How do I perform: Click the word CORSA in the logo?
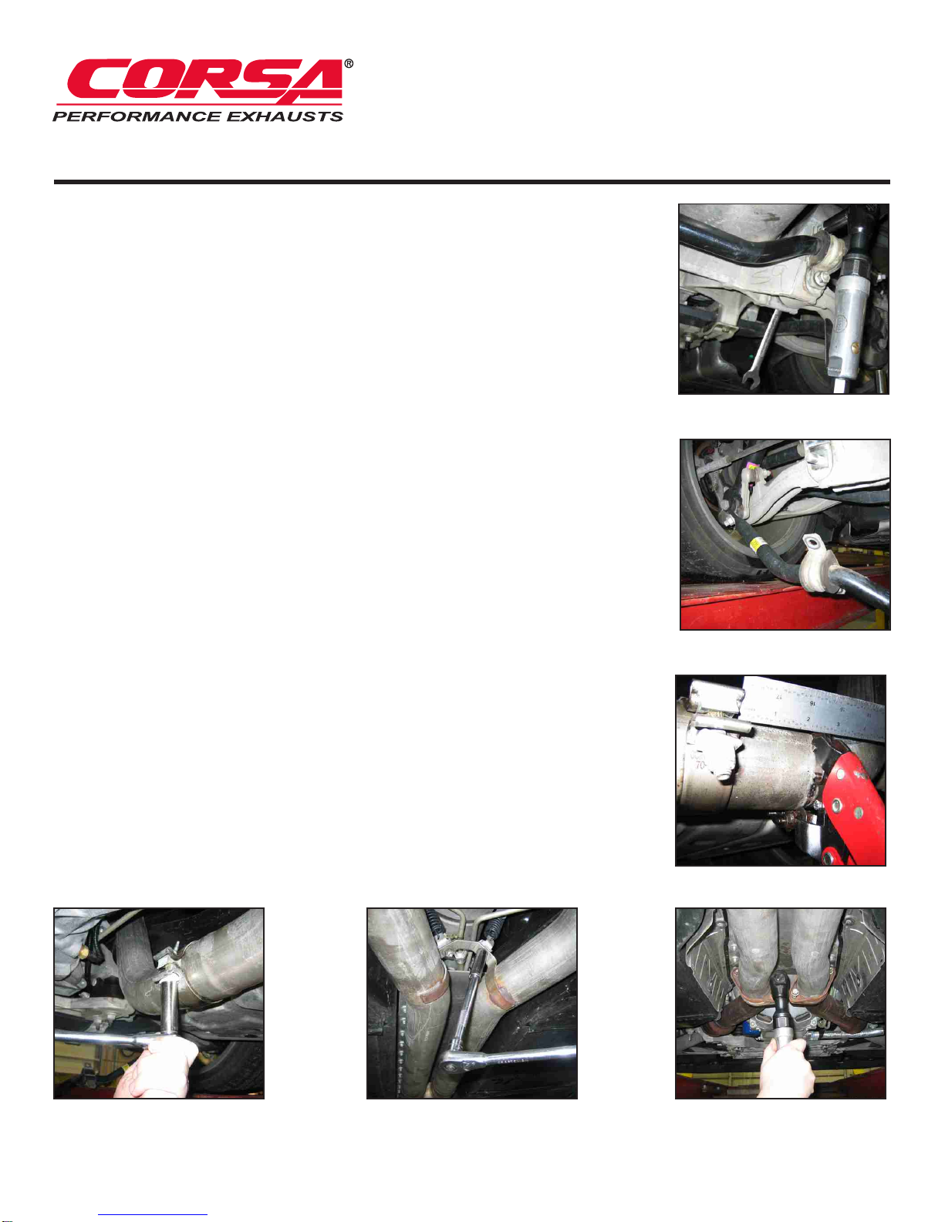[x=205, y=80]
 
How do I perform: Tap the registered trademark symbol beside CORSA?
[x=349, y=63]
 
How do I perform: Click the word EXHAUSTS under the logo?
[x=285, y=116]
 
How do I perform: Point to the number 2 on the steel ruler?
[x=809, y=719]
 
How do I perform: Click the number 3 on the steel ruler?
[x=839, y=724]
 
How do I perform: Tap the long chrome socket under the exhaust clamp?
[x=169, y=1009]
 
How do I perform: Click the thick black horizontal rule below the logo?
[x=471, y=182]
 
